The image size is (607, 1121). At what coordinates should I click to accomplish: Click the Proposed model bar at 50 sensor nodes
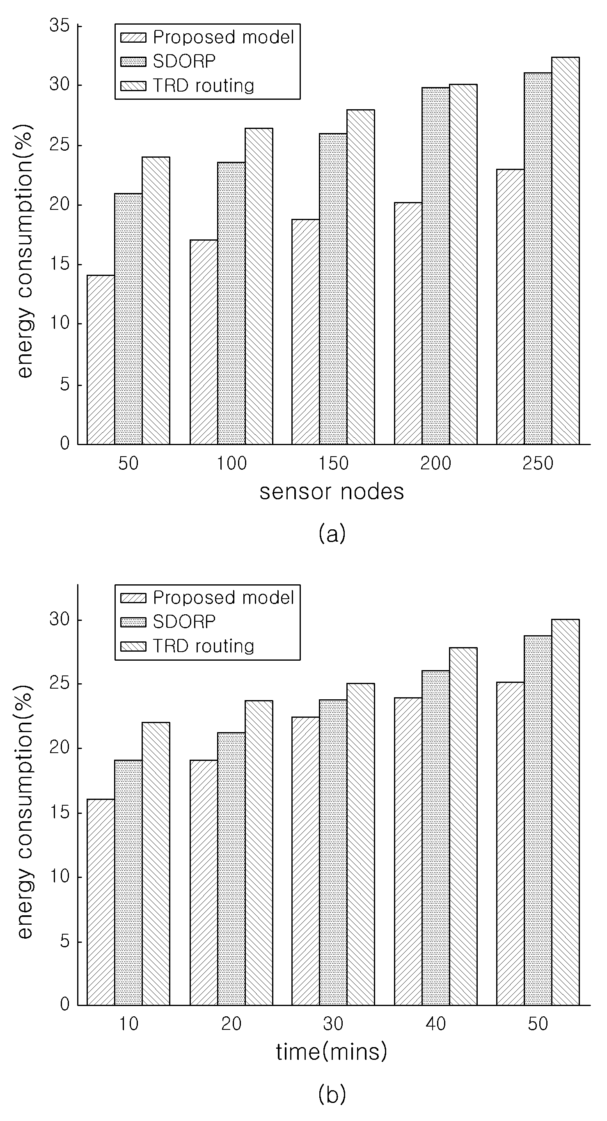pyautogui.click(x=101, y=360)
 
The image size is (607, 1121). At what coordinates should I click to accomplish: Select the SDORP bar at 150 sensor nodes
pyautogui.click(x=333, y=289)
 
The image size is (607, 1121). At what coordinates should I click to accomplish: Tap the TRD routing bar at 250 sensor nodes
pyautogui.click(x=565, y=250)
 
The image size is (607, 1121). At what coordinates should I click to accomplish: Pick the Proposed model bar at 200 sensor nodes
pyautogui.click(x=408, y=323)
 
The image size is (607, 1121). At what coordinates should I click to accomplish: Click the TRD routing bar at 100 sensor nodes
pyautogui.click(x=259, y=286)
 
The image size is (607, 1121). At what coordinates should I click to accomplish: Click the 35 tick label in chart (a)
pyautogui.click(x=60, y=26)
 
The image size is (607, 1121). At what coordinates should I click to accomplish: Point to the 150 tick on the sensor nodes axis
pyautogui.click(x=334, y=464)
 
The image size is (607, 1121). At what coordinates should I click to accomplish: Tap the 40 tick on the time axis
pyautogui.click(x=436, y=1025)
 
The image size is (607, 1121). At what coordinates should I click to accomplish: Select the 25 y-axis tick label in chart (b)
pyautogui.click(x=60, y=684)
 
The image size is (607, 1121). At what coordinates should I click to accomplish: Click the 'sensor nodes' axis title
pyautogui.click(x=332, y=492)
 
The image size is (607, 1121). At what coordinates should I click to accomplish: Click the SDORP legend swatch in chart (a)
pyautogui.click(x=133, y=62)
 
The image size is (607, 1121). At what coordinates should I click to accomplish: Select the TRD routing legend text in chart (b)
pyautogui.click(x=204, y=647)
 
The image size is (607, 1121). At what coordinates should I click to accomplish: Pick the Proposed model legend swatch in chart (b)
pyautogui.click(x=133, y=597)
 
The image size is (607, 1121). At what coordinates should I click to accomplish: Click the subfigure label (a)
pyautogui.click(x=332, y=533)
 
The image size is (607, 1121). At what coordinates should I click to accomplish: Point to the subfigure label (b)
pyautogui.click(x=332, y=1094)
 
